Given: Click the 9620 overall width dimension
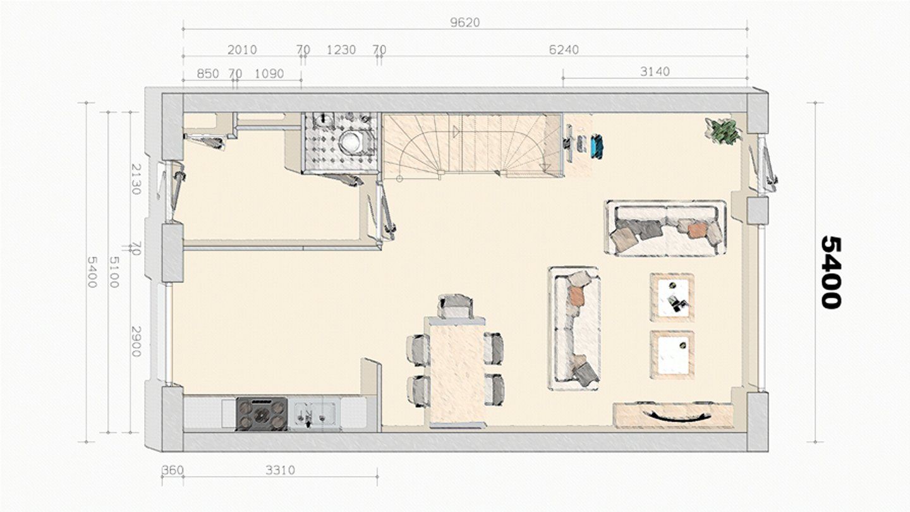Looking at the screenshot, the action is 465,22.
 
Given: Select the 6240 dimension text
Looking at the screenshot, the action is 564,50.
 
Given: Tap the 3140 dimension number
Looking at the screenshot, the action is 655,72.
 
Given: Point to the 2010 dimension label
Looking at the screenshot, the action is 242,50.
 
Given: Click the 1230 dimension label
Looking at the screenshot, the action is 341,50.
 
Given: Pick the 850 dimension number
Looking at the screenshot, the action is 207,74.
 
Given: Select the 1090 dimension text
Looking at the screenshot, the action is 269,74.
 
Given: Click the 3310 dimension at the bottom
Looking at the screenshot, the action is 281,470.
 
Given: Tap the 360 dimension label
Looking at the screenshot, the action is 173,470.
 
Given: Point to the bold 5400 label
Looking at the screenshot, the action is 831,272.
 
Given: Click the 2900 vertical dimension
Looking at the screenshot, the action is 136,341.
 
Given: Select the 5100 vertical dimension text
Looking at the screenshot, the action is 114,272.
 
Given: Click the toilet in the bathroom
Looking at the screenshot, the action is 353,140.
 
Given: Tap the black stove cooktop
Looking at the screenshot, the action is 262,414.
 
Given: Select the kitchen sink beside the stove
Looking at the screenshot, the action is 314,414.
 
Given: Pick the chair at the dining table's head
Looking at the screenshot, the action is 456,305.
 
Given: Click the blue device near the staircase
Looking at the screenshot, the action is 597,145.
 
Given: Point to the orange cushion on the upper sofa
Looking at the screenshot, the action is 697,230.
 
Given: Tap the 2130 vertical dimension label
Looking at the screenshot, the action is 136,180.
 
